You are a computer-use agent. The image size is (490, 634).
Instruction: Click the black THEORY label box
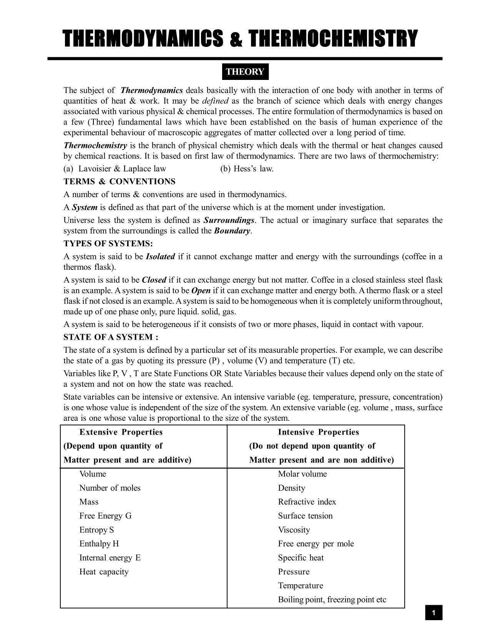(x=245, y=72)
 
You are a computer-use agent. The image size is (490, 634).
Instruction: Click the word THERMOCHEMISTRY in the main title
(x=333, y=39)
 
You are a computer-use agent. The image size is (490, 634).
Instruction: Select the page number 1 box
(x=434, y=612)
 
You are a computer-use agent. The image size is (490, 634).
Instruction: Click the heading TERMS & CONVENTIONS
(x=120, y=181)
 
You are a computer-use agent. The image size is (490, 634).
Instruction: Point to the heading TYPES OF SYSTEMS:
(x=108, y=244)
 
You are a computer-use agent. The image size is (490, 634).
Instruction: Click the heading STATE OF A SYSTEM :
(x=111, y=337)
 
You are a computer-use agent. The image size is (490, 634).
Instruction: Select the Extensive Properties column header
(x=121, y=432)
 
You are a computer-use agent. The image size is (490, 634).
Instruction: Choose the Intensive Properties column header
(x=318, y=432)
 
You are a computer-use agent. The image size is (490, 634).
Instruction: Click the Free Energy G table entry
(x=105, y=516)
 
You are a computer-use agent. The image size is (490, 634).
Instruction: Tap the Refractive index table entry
(x=307, y=502)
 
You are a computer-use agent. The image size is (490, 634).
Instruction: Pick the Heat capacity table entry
(x=104, y=571)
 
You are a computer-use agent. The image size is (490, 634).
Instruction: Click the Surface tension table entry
(x=305, y=516)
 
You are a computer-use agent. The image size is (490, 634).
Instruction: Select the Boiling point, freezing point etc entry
(x=332, y=599)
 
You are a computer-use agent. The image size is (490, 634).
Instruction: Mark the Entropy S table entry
(x=96, y=529)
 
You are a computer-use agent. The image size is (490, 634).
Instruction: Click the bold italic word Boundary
(x=232, y=231)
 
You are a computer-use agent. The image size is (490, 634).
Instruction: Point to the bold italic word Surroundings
(x=229, y=220)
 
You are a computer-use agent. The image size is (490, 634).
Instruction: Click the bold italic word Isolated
(x=160, y=256)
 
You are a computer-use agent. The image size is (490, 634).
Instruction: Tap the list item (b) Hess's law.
(x=247, y=169)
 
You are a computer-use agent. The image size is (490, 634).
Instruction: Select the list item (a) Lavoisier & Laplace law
(x=115, y=169)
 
